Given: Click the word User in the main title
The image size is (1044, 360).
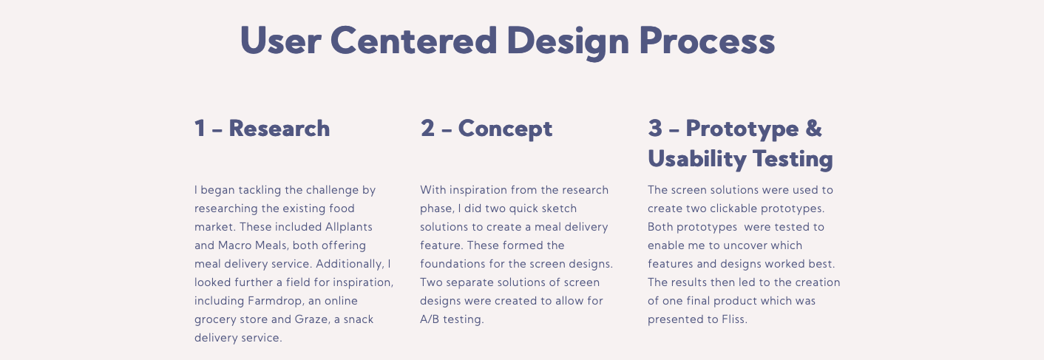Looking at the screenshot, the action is click(280, 41).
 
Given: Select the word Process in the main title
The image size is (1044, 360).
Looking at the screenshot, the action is click(707, 41).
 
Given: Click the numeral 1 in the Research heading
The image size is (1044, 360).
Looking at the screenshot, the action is click(200, 128).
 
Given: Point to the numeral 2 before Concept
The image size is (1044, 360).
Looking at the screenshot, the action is click(427, 128).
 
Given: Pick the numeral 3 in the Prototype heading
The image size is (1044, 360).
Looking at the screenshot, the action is click(655, 128).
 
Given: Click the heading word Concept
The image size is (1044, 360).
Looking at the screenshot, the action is click(505, 129).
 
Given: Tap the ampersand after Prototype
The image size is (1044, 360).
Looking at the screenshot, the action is click(813, 128).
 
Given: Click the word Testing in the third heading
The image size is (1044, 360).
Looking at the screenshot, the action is click(793, 160).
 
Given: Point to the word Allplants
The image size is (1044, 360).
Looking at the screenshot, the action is click(349, 227).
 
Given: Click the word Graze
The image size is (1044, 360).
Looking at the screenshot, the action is click(311, 319).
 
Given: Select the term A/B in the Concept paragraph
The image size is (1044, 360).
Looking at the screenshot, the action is click(430, 319).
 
